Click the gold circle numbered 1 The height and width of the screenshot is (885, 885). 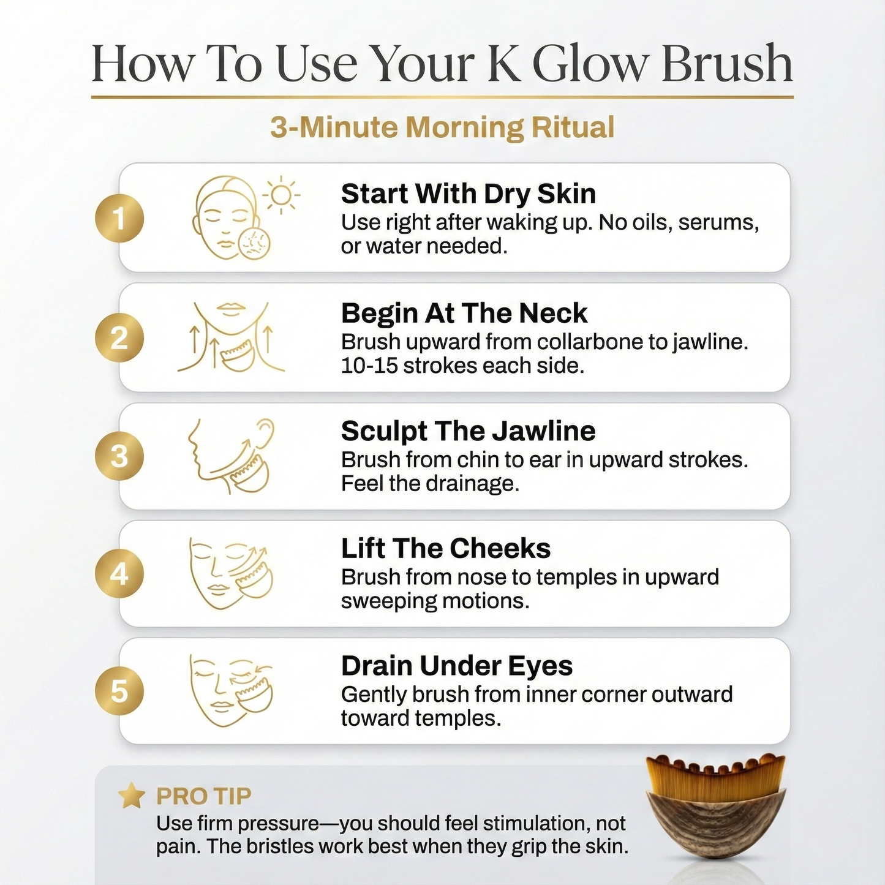click(119, 219)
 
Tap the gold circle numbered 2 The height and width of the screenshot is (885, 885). click(119, 338)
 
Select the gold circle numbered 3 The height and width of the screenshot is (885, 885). click(119, 456)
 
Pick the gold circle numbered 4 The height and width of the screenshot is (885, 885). click(119, 574)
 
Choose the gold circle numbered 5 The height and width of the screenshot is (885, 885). click(119, 691)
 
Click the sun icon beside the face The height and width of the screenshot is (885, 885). click(281, 195)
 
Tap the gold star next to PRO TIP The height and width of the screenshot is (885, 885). click(131, 796)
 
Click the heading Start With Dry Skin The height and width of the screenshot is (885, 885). click(468, 194)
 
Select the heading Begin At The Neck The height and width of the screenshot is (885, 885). click(464, 313)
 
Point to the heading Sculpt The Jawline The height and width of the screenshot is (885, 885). click(468, 431)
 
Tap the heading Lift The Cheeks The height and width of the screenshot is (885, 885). click(445, 548)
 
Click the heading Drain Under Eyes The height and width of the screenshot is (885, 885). click(456, 666)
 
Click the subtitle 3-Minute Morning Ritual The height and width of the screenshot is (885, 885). click(442, 127)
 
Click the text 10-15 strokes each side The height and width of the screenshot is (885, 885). click(462, 366)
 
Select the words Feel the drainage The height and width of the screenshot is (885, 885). click(430, 484)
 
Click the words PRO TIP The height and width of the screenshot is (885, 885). click(203, 796)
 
